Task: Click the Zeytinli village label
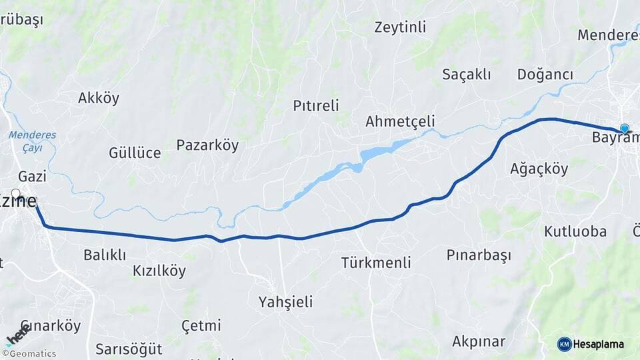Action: (400, 27)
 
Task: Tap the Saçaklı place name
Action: (467, 75)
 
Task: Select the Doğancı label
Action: (545, 75)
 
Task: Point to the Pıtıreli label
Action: (316, 105)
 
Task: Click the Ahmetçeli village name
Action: (400, 121)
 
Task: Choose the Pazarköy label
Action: (207, 145)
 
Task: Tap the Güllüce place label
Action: (135, 153)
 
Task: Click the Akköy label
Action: (99, 99)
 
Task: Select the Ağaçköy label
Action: (539, 169)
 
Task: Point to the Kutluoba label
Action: (575, 232)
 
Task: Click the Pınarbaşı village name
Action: (479, 255)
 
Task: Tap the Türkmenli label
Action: (376, 263)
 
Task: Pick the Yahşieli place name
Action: (285, 302)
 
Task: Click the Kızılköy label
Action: (159, 271)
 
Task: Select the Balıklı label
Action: (105, 255)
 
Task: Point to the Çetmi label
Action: (201, 326)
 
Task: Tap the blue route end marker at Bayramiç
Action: (624, 129)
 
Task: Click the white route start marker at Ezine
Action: (15, 194)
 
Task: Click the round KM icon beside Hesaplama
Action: (564, 344)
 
